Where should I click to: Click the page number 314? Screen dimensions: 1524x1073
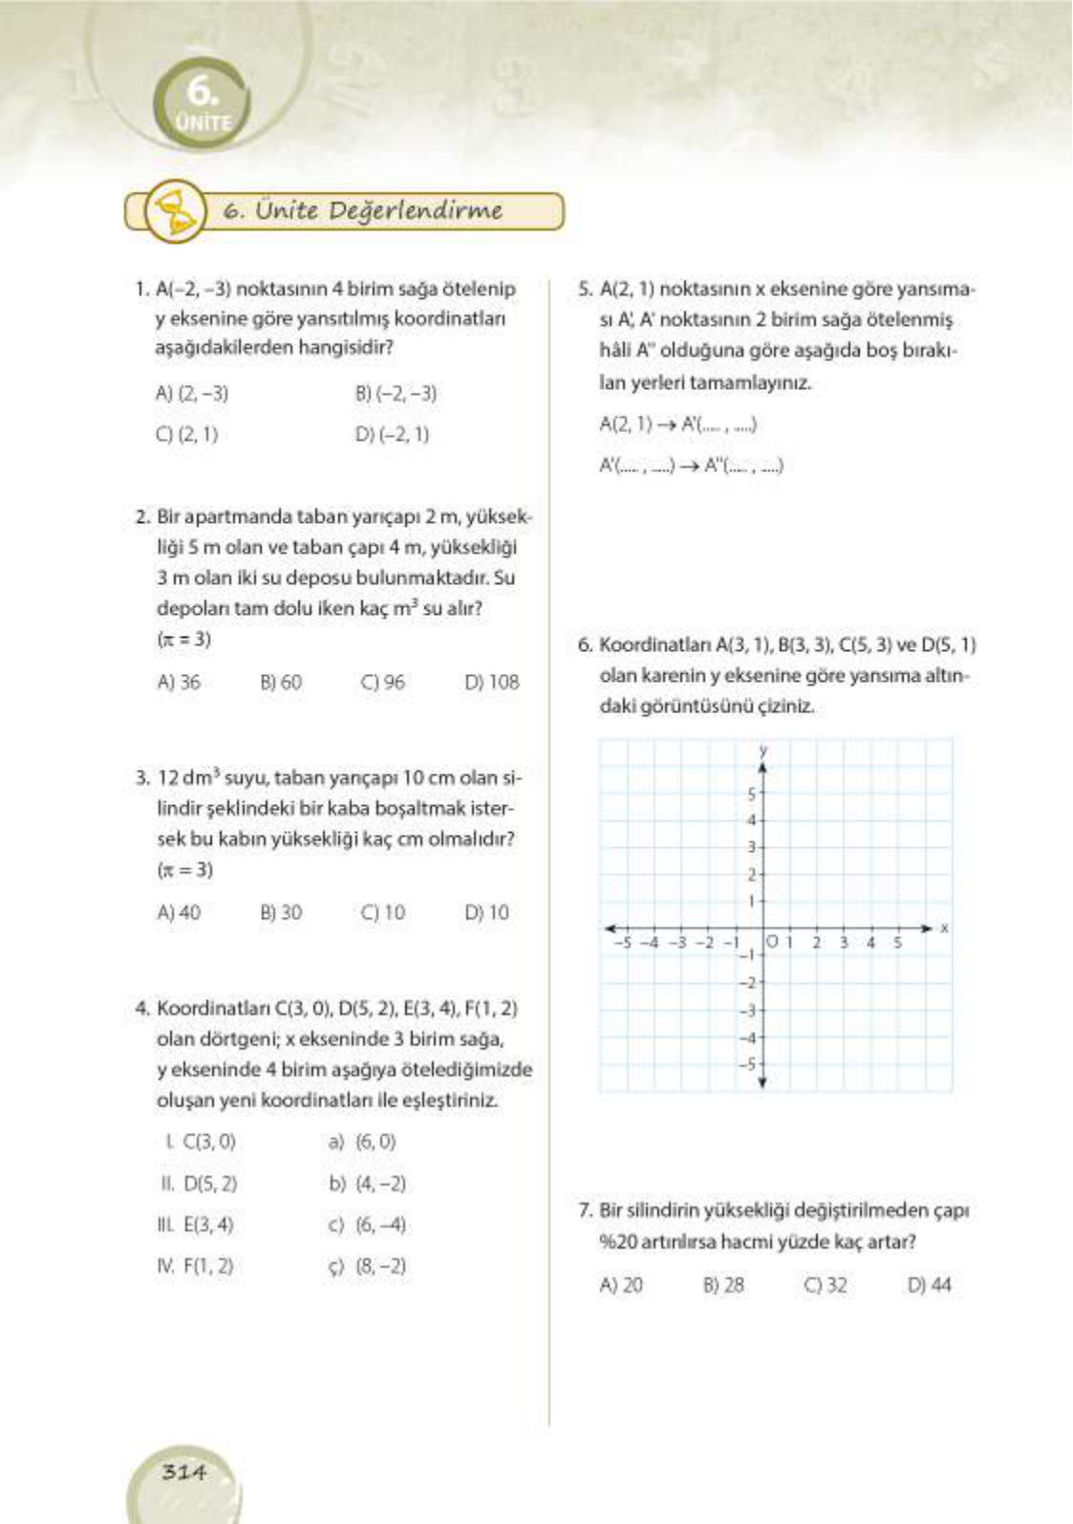click(x=183, y=1471)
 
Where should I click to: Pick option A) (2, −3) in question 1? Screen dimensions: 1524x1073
click(x=191, y=394)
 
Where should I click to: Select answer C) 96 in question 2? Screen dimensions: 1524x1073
click(x=382, y=683)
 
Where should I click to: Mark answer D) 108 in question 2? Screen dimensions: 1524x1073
click(x=491, y=683)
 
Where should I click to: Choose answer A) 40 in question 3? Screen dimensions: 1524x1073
click(x=179, y=913)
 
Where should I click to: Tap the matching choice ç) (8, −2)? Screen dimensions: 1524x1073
click(x=368, y=1267)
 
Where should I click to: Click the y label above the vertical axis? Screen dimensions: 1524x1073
click(x=762, y=751)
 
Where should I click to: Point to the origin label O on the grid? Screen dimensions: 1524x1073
click(x=772, y=943)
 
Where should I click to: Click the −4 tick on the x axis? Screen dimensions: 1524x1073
click(x=649, y=943)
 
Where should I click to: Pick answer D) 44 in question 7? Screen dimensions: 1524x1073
click(x=929, y=1286)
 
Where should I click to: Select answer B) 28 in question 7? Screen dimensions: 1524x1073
click(x=723, y=1286)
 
